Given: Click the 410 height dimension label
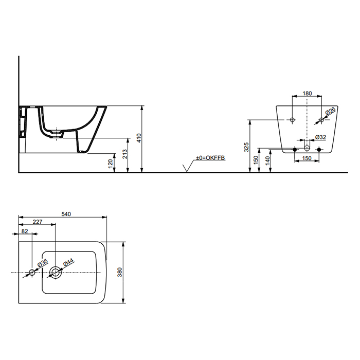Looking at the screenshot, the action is (139, 138).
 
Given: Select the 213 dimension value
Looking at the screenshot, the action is (124, 154).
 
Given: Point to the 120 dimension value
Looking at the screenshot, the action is (111, 163).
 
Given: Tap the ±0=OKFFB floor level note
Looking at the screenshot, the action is (210, 158).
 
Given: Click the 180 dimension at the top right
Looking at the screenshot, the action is (307, 93).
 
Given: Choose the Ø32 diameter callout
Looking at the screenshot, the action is (321, 137).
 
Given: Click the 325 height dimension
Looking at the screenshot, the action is (246, 147).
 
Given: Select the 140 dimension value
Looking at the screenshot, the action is (267, 160).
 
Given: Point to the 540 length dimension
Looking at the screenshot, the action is (66, 214).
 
